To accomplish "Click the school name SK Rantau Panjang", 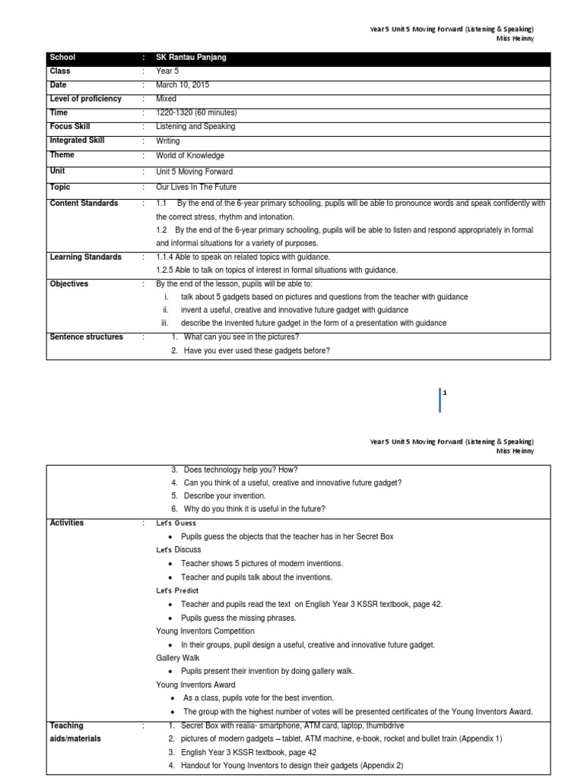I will coord(191,58).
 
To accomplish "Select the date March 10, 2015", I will coord(182,85).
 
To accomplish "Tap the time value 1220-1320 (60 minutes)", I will coord(195,112).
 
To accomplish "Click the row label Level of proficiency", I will coord(85,99).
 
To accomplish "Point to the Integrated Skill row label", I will coord(77,141).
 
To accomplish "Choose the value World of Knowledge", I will coord(190,156).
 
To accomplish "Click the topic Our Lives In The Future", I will coord(196,187).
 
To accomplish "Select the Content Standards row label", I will coord(84,204).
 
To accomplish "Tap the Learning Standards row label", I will coord(85,257).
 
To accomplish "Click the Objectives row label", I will coord(68,284).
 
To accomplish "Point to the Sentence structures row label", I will coord(86,337).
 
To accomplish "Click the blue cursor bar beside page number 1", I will coord(440,400).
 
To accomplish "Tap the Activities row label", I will coord(67,523).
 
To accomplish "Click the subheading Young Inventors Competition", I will coord(205,631).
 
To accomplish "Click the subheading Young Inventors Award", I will coord(195,685).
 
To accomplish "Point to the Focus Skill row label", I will coord(69,127).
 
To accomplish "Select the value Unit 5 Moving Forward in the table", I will coord(195,172).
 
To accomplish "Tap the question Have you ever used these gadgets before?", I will coord(256,351).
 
